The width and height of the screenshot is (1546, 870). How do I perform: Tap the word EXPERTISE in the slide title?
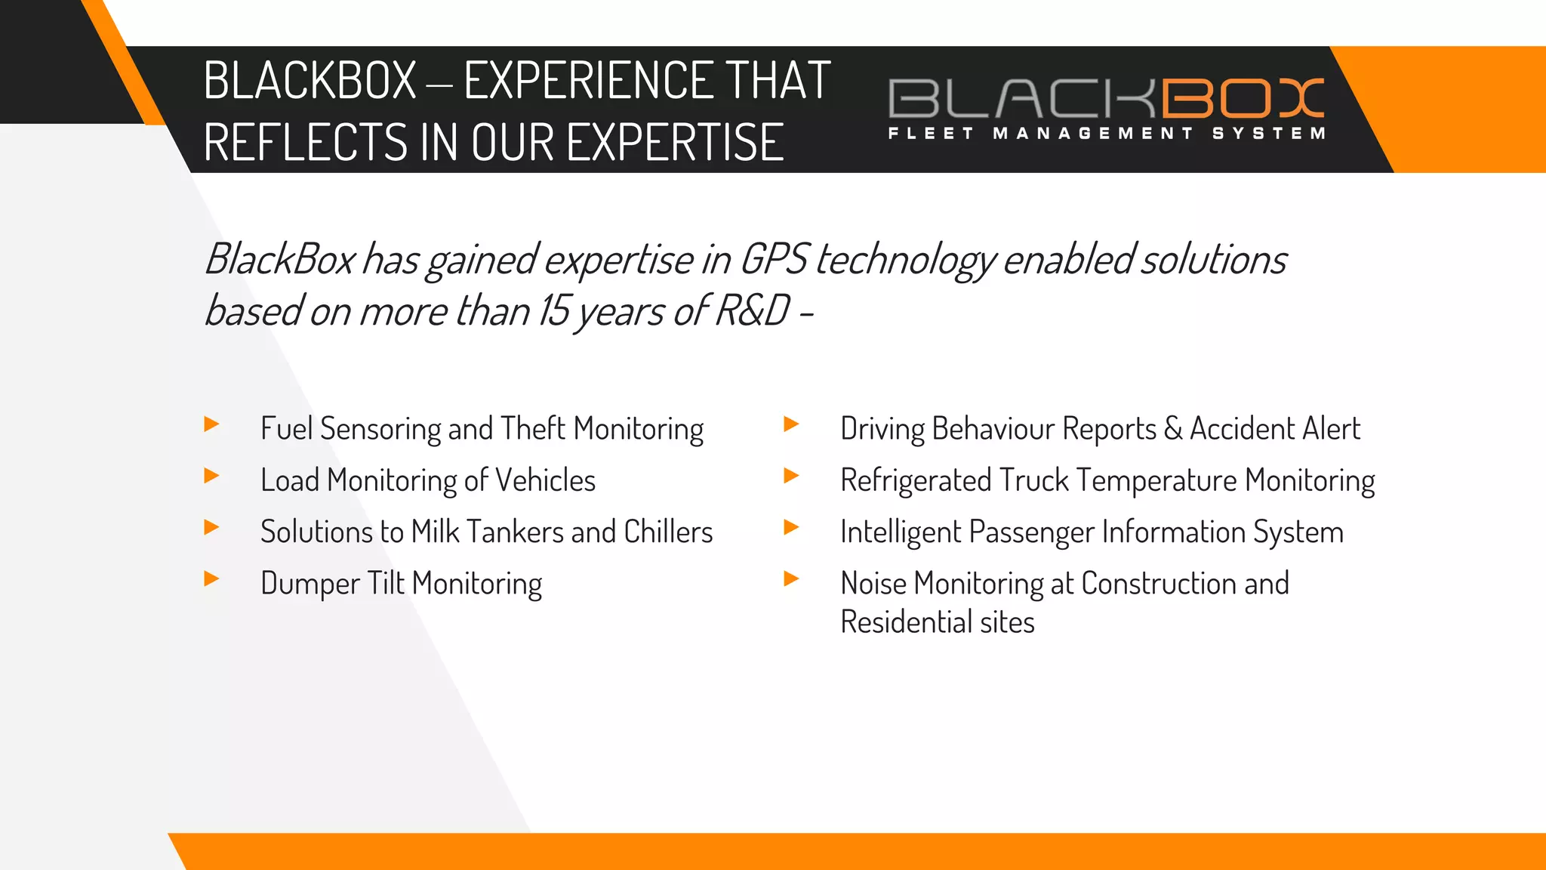pos(675,142)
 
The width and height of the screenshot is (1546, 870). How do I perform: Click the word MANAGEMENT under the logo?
pos(1093,134)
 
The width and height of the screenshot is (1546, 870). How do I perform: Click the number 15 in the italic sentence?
pos(553,310)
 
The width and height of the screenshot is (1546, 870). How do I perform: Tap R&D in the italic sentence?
pos(752,310)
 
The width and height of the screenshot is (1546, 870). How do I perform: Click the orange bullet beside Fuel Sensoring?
pos(212,424)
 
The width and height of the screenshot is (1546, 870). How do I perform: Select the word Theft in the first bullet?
pos(532,428)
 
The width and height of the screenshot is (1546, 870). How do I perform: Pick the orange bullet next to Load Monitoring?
pos(212,476)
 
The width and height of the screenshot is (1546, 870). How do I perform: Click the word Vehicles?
pos(545,480)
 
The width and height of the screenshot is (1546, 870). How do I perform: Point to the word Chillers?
pos(668,532)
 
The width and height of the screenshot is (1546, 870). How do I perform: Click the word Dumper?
pos(310,584)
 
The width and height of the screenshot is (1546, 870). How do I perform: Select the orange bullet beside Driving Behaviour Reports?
pos(792,424)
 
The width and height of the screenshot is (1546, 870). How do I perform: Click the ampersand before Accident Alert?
pos(1172,428)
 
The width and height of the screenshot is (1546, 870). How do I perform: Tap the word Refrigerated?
pos(916,480)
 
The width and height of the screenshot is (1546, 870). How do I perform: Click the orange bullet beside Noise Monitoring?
pos(792,579)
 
